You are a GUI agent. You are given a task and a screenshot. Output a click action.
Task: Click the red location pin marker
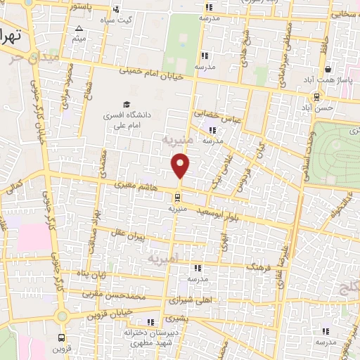click(181, 165)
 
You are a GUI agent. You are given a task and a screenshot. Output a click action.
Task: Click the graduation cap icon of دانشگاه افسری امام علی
click(127, 103)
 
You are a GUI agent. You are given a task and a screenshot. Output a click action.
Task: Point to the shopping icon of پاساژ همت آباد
click(328, 69)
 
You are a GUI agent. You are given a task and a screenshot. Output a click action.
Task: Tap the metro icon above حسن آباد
click(317, 97)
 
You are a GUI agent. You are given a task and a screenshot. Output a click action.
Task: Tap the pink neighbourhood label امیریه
click(164, 259)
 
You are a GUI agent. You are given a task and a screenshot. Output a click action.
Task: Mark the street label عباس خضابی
click(221, 117)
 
